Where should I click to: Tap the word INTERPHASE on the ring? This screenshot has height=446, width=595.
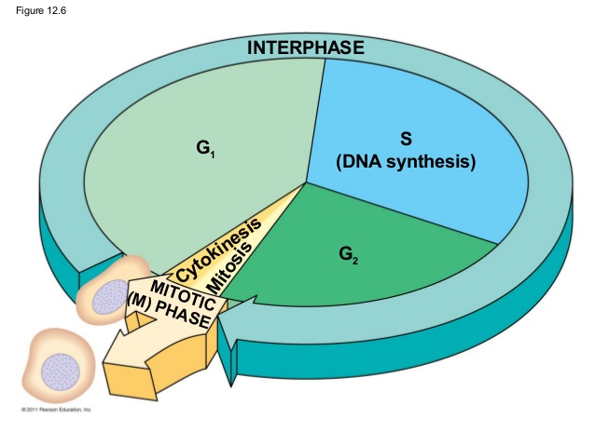(305, 48)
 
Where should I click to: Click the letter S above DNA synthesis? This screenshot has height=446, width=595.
(406, 140)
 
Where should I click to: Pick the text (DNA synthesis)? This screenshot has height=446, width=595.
(406, 162)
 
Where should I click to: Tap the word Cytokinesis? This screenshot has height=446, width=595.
(217, 250)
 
